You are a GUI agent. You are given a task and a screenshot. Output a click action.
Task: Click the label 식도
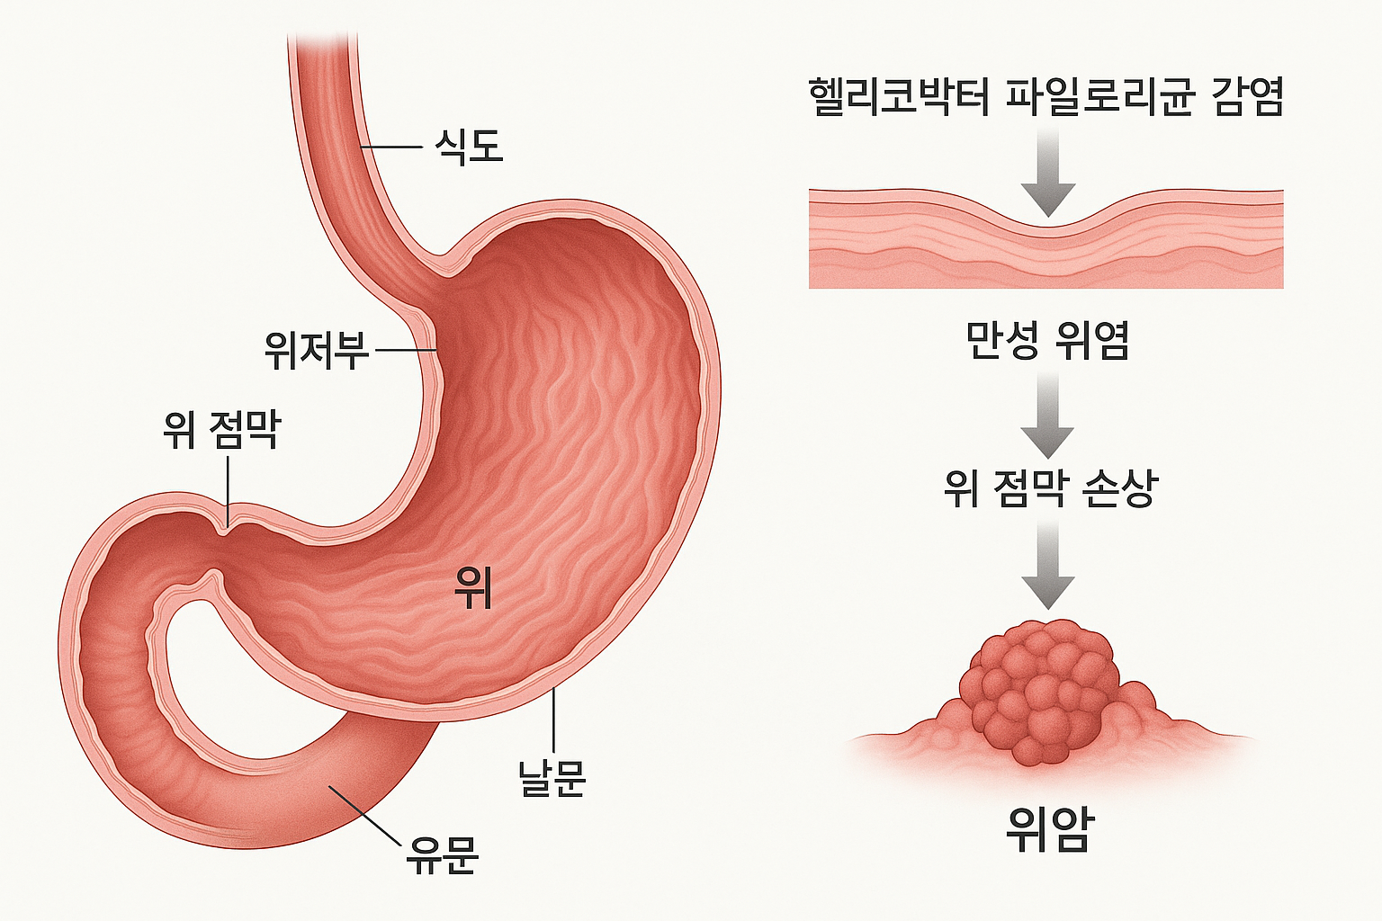[x=468, y=147]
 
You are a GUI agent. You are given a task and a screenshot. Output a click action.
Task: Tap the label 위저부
[x=317, y=350]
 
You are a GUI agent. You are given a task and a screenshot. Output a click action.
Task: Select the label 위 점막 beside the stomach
[x=222, y=430]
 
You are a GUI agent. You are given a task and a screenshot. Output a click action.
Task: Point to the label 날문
[x=552, y=777]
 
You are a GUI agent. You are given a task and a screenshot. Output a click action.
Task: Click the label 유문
[x=442, y=854]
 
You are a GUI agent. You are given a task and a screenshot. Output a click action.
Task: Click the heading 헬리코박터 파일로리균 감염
[x=1045, y=97]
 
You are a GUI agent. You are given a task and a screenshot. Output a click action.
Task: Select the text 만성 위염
[x=1047, y=341]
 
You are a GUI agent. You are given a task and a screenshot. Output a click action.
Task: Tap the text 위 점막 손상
[x=1050, y=488]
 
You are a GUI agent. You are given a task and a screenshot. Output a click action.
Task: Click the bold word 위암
[x=1049, y=829]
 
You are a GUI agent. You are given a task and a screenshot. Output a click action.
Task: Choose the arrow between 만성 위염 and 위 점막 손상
[x=1048, y=415]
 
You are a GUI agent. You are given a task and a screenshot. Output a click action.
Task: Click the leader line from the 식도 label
[x=392, y=147]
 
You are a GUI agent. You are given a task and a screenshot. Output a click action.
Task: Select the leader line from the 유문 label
[x=364, y=815]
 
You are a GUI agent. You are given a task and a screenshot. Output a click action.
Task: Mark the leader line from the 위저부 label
[x=405, y=350]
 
